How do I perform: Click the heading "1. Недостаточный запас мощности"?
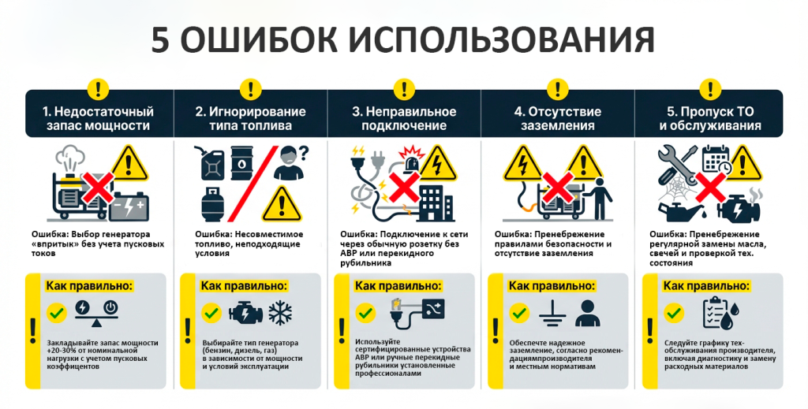click(98, 119)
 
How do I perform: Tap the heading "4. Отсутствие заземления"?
click(558, 119)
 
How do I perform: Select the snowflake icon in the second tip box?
click(280, 312)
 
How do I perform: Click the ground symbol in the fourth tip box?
click(552, 314)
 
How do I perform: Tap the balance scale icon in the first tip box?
click(97, 314)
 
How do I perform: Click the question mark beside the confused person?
click(304, 152)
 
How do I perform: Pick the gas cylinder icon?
click(211, 204)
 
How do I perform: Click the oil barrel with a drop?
click(241, 162)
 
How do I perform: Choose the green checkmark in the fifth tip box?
click(674, 312)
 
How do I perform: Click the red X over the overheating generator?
click(99, 188)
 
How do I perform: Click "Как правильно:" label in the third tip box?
click(398, 285)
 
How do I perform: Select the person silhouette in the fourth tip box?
click(587, 314)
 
